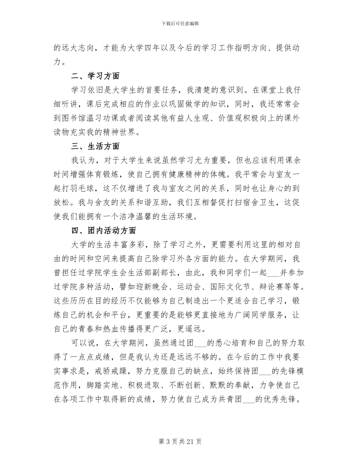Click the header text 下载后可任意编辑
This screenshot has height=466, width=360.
[180, 23]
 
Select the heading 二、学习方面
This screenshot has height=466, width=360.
[95, 76]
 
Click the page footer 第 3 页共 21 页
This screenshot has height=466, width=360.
[180, 441]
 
